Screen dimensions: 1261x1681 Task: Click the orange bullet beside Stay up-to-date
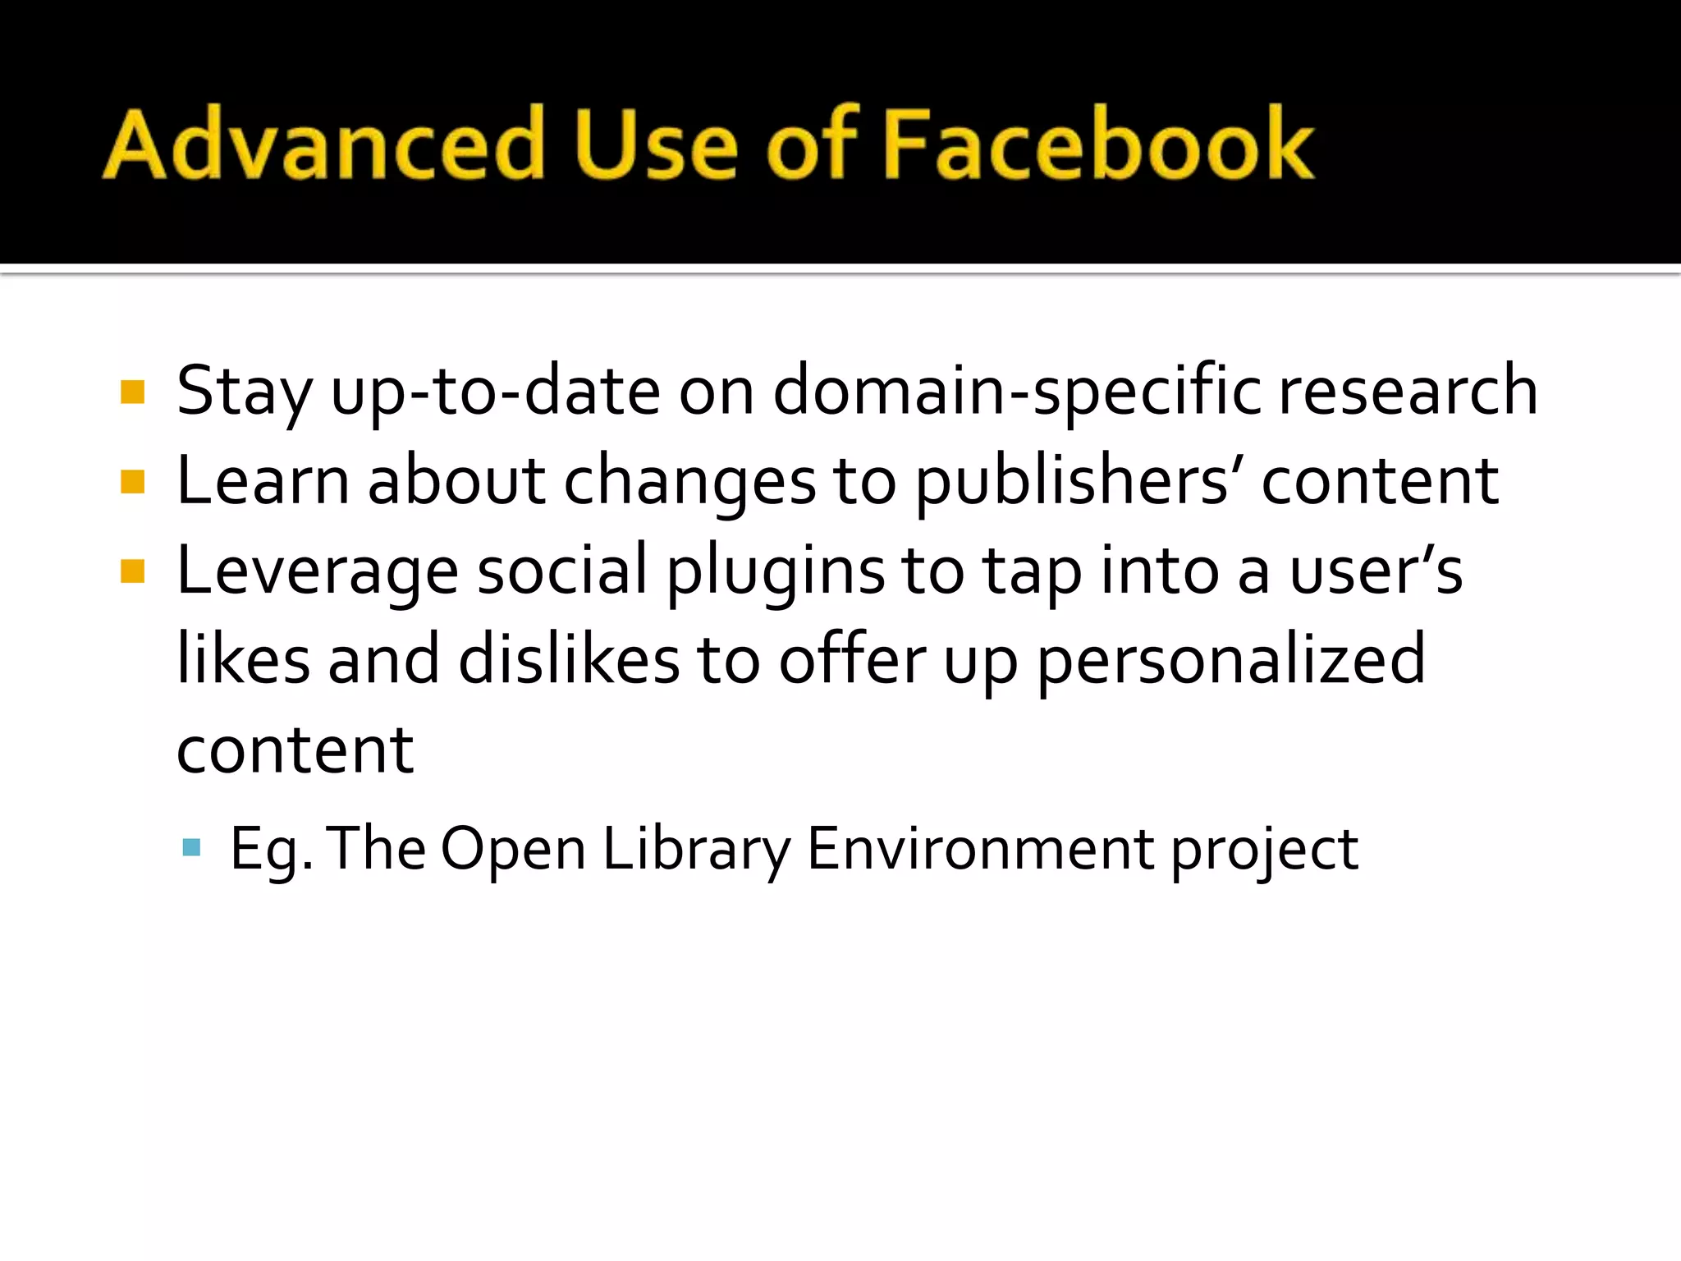(132, 392)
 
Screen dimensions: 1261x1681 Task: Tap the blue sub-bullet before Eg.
(191, 847)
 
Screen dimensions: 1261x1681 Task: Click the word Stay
(244, 392)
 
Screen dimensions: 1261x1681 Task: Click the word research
(1408, 392)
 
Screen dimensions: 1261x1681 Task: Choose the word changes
(689, 481)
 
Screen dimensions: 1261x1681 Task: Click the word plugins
(776, 572)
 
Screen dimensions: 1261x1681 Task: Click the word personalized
(1231, 661)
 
